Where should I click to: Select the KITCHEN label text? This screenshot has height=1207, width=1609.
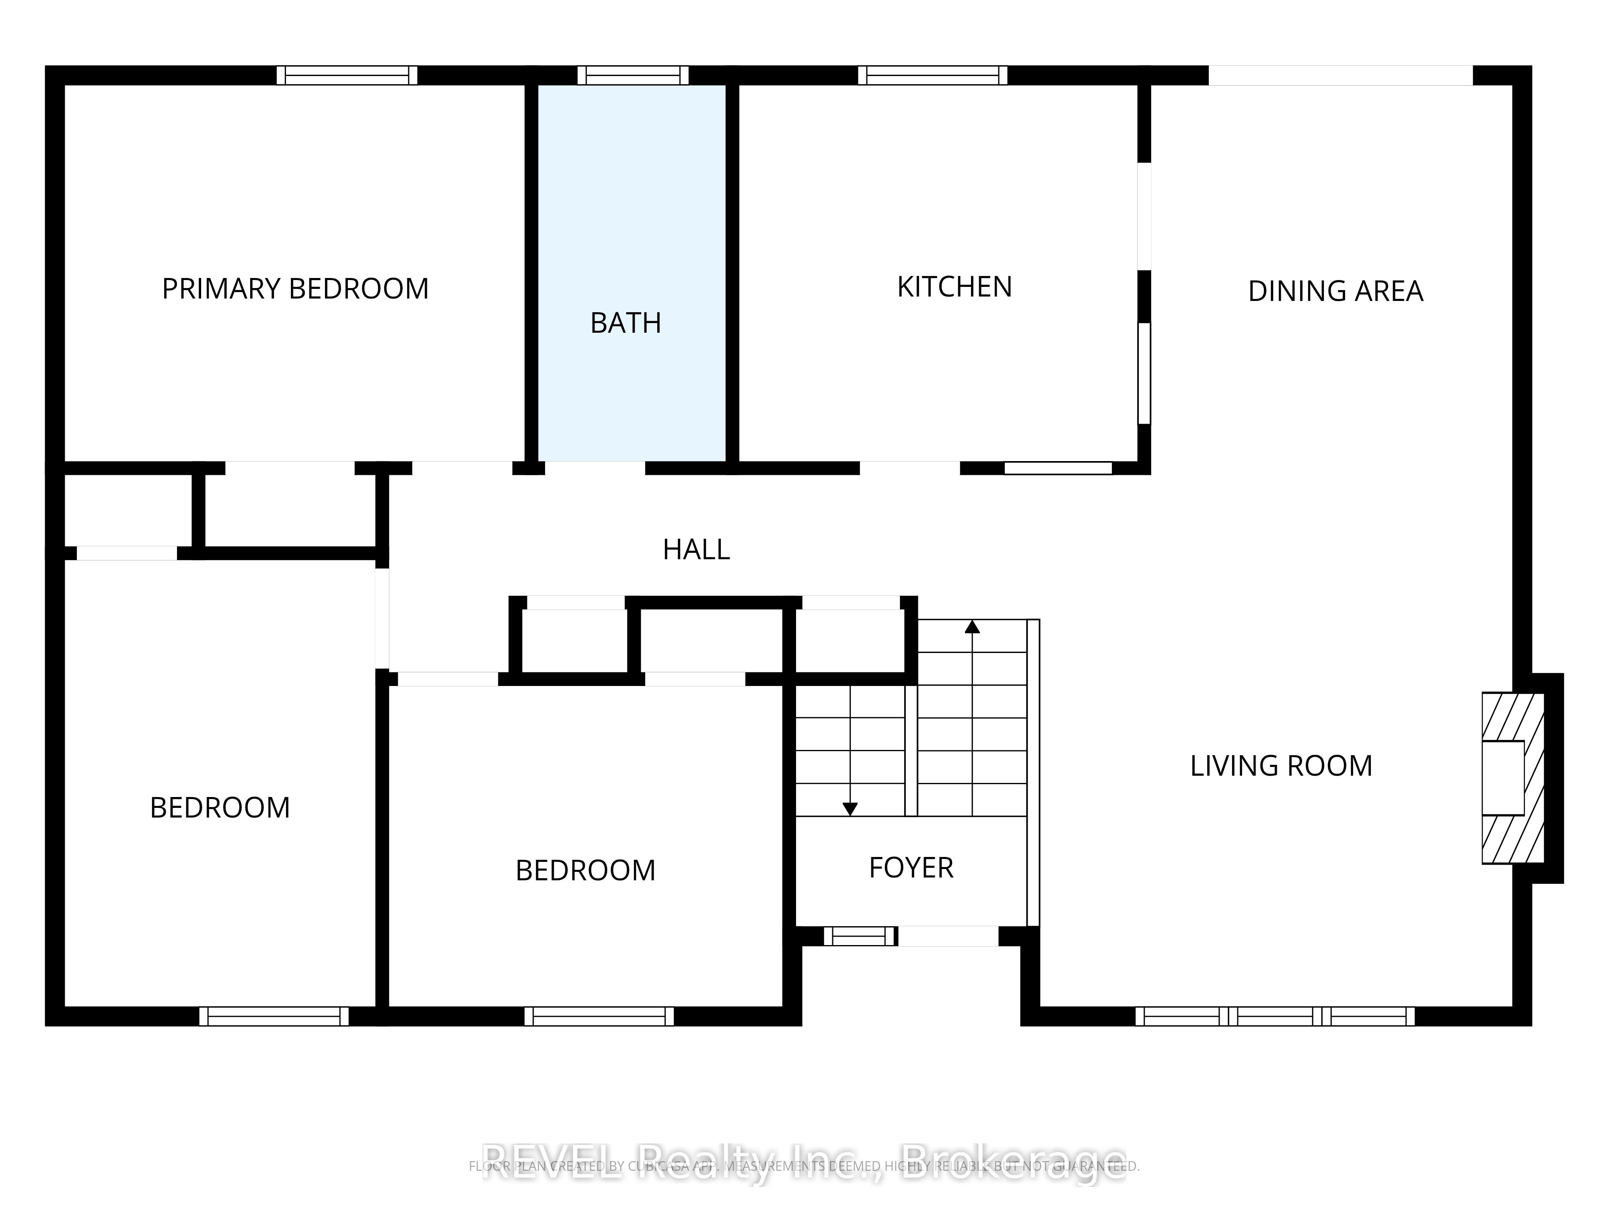click(x=955, y=286)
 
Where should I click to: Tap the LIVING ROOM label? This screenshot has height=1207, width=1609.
click(x=1280, y=765)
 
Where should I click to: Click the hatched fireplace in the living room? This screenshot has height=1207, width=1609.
click(x=1513, y=778)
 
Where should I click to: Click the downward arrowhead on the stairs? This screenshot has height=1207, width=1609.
click(x=850, y=808)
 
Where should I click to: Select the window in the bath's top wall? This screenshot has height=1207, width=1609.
click(x=633, y=75)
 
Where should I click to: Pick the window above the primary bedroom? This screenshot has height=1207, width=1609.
click(x=347, y=75)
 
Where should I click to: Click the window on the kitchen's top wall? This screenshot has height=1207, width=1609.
click(x=932, y=75)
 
